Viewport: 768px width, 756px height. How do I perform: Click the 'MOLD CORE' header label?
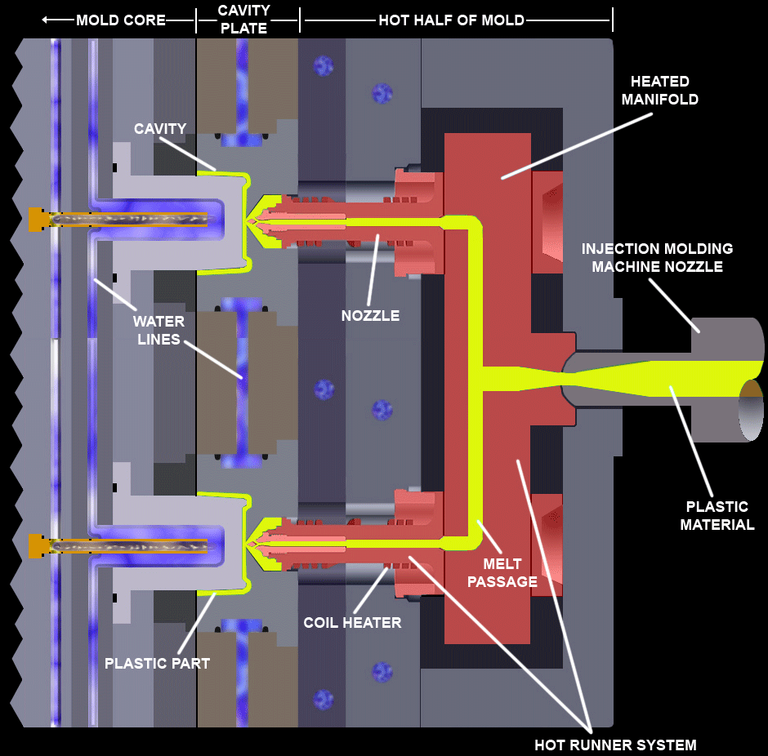pos(121,20)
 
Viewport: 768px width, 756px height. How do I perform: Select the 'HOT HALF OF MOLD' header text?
pos(452,20)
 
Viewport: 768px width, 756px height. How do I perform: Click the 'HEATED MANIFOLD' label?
pos(659,90)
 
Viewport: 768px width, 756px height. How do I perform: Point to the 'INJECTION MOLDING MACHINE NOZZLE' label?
pos(657,257)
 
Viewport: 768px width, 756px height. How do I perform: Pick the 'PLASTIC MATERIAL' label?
pos(717,515)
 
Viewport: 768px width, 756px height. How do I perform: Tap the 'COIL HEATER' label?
pos(352,623)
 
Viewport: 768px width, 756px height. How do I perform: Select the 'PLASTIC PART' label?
pos(157,663)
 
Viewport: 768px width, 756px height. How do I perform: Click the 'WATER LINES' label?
pos(159,330)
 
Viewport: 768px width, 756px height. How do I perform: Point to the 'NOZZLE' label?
pos(370,315)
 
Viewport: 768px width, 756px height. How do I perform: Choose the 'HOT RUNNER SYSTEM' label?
pos(615,745)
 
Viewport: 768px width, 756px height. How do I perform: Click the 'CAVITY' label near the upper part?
pos(160,128)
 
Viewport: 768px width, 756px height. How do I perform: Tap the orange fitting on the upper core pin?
pos(37,219)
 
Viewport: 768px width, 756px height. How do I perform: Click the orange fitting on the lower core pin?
pos(37,545)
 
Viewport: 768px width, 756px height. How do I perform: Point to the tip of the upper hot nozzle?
pos(251,220)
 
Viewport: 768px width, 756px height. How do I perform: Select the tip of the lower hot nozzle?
pos(251,543)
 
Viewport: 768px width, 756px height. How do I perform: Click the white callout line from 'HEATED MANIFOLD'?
pos(577,144)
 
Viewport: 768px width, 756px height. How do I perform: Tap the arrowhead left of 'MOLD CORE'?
pos(47,20)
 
